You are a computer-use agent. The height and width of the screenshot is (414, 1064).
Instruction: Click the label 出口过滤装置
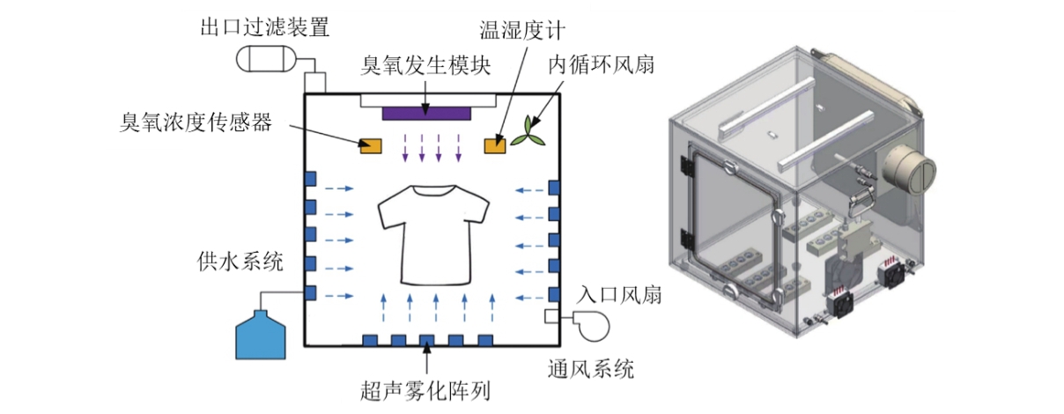pyautogui.click(x=265, y=26)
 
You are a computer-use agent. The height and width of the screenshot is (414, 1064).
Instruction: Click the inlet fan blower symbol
pyautogui.click(x=591, y=324)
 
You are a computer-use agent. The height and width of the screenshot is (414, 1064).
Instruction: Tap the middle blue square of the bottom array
pyautogui.click(x=427, y=340)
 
